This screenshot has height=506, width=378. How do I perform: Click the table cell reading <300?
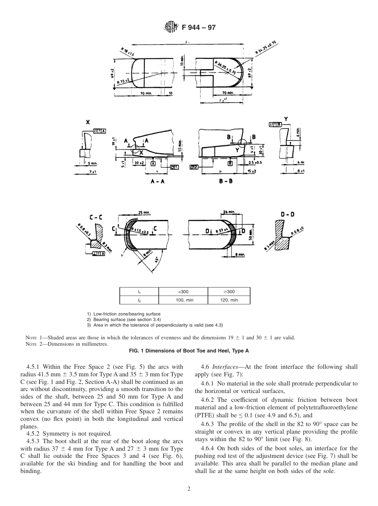point(184,291)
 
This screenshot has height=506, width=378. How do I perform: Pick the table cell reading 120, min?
point(229,300)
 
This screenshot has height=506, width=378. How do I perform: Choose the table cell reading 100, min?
point(184,300)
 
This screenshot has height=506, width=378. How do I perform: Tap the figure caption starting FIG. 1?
point(189,350)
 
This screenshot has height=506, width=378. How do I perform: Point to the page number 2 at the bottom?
point(189,489)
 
